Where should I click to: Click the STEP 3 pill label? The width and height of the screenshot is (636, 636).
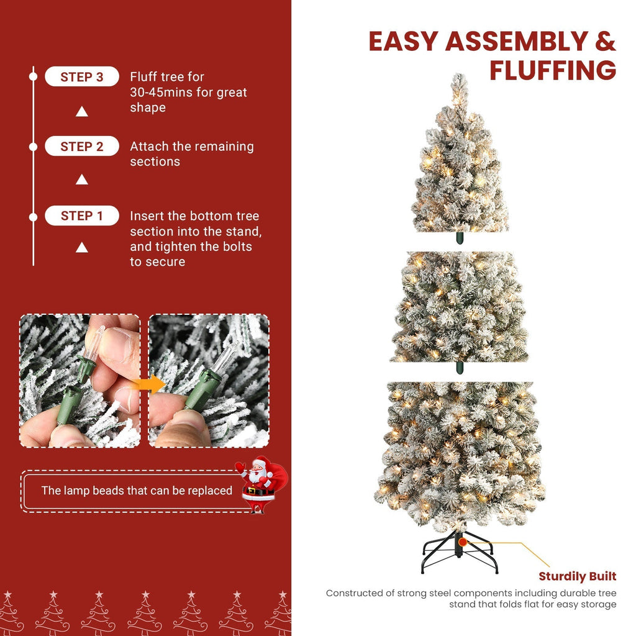[81, 77]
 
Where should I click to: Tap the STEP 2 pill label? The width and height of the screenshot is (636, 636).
[81, 147]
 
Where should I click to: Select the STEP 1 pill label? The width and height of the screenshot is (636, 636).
[81, 216]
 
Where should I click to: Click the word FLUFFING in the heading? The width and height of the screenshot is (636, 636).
[552, 70]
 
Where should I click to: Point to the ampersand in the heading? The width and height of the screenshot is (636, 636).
[605, 41]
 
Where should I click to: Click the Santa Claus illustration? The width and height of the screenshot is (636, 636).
[260, 483]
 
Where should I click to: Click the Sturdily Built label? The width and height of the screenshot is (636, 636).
[577, 576]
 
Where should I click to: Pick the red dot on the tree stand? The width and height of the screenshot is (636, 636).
[463, 542]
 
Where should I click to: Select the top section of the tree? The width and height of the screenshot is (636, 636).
[460, 161]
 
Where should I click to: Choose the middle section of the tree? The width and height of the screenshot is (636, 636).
[460, 307]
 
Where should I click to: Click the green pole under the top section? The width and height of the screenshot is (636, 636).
[460, 238]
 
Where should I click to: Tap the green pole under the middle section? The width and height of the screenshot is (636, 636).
[460, 367]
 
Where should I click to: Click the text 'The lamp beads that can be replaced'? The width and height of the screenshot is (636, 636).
[137, 491]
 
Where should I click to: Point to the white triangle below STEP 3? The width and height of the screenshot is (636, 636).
[81, 112]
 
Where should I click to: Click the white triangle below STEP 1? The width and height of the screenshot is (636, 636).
[81, 248]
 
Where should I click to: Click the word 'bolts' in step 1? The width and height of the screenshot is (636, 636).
[238, 247]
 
